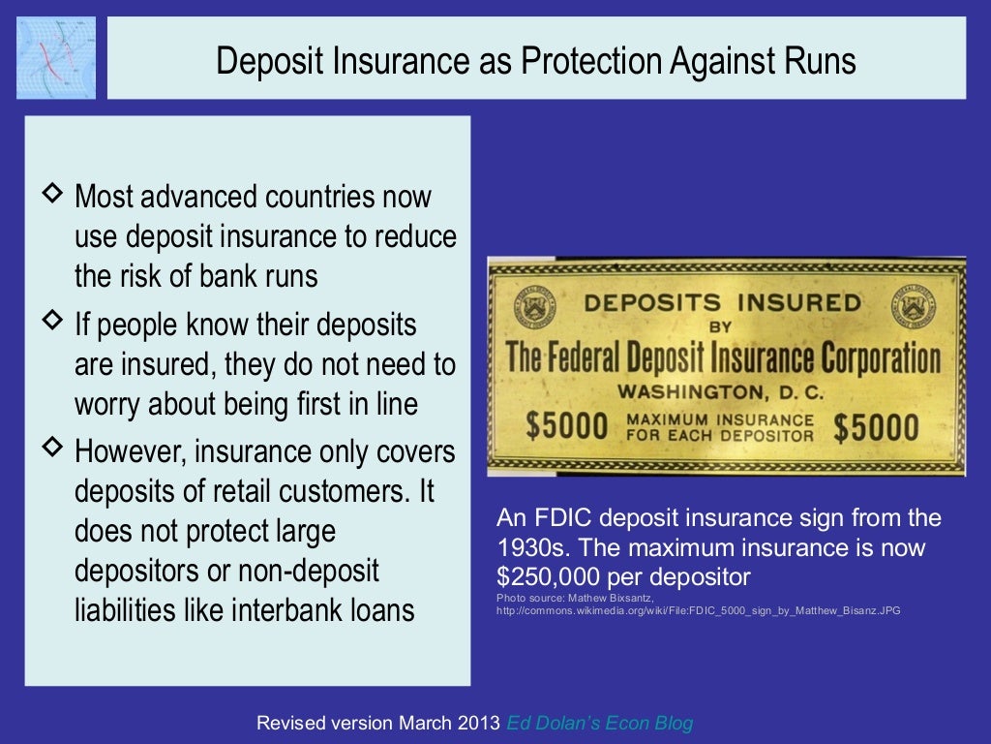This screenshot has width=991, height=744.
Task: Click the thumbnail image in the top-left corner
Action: [56, 57]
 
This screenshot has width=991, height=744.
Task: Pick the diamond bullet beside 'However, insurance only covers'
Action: [53, 445]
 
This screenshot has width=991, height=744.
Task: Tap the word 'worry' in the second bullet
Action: [107, 403]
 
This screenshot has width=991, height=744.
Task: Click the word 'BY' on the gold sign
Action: [720, 327]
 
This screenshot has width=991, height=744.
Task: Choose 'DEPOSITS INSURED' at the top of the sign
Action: [722, 302]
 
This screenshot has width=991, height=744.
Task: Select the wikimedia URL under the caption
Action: [697, 611]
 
